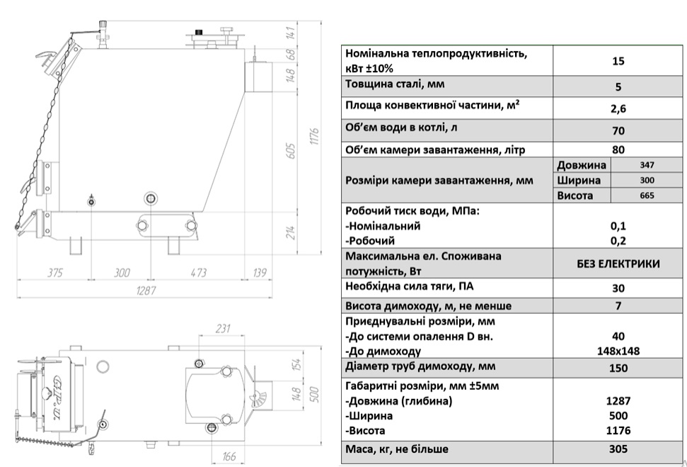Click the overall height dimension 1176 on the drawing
pos(315,133)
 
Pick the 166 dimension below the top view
pos(229,456)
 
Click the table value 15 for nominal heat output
pos(618,61)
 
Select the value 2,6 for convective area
pos(618,108)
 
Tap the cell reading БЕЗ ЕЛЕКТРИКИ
pos(618,264)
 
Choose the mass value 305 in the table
pos(618,449)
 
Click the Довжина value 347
pos(647,164)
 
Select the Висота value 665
pos(647,196)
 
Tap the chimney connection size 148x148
pos(618,351)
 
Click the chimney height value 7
pos(618,306)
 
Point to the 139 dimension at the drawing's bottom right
pos(260,273)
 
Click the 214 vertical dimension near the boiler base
pos(291,231)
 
